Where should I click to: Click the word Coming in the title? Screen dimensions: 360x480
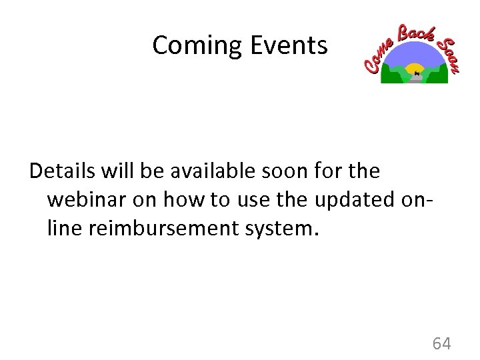click(197, 46)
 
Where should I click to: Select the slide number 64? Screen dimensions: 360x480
click(442, 344)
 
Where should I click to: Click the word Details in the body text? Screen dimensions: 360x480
click(63, 171)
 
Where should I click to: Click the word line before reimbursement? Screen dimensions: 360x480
click(62, 229)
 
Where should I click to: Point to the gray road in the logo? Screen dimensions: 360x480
click(415, 79)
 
